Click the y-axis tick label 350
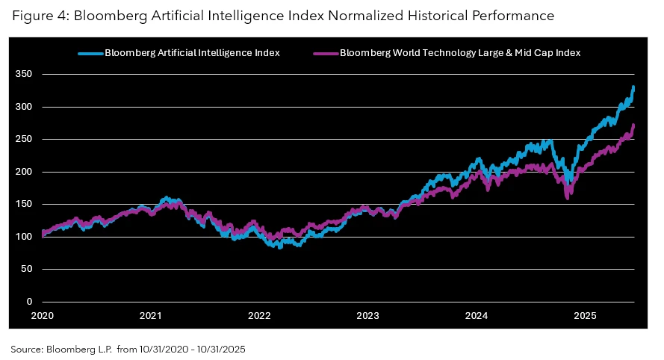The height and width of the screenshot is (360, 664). tap(25, 75)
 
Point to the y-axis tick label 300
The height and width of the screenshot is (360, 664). tap(25, 107)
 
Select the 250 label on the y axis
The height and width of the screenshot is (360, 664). tap(25, 140)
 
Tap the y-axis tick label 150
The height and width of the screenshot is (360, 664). tap(25, 204)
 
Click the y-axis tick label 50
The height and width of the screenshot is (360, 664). tap(28, 269)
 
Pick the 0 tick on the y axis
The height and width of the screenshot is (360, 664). tap(30, 302)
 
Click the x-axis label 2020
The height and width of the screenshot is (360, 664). tap(42, 316)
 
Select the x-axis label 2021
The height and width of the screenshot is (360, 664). tap(151, 316)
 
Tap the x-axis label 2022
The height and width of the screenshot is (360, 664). tap(259, 316)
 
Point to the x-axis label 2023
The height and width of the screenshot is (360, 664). tap(367, 316)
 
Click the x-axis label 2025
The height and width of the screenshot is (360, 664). tap(585, 316)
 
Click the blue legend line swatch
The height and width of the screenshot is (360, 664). tap(90, 53)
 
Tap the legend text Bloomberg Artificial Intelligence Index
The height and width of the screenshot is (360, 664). tap(192, 53)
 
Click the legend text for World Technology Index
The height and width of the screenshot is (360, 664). tap(460, 53)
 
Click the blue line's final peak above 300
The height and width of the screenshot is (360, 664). tap(633, 87)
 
